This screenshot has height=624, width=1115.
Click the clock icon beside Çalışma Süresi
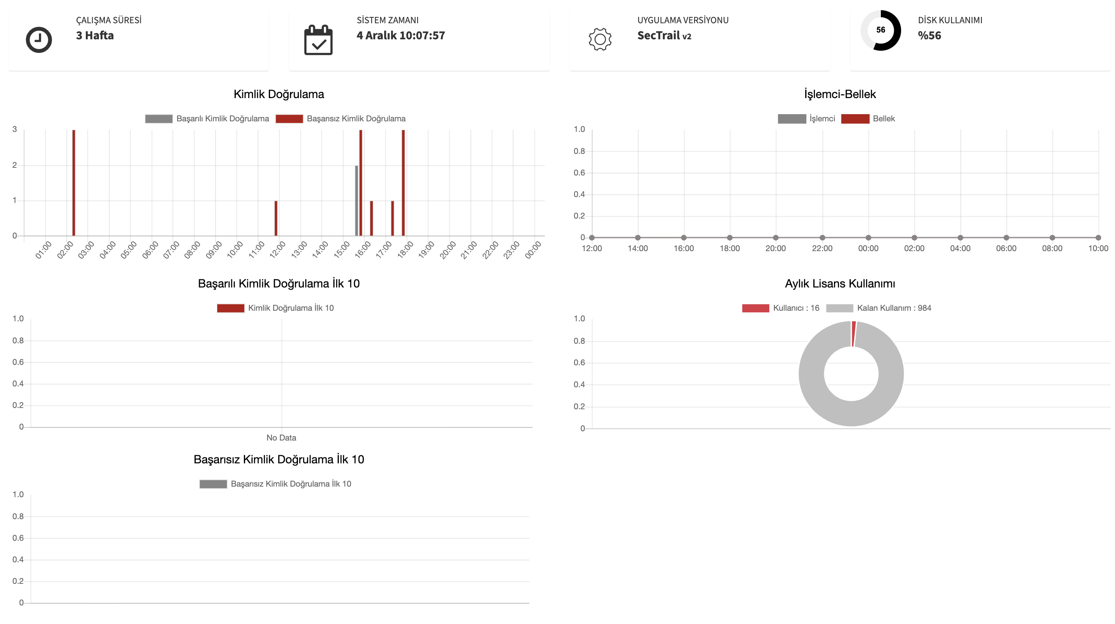pyautogui.click(x=39, y=40)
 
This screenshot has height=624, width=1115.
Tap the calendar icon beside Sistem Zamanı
pyautogui.click(x=318, y=40)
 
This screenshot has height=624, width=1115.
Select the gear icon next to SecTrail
pyautogui.click(x=600, y=39)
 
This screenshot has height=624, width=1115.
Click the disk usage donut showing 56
pyautogui.click(x=880, y=30)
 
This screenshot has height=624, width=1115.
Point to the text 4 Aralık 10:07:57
pyautogui.click(x=400, y=36)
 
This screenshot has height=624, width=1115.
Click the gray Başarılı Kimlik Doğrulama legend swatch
pyautogui.click(x=159, y=119)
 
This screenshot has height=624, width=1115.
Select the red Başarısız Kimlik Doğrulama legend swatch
pyautogui.click(x=289, y=119)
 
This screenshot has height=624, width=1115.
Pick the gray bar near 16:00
pyautogui.click(x=357, y=200)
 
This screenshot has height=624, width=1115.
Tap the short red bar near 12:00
pyautogui.click(x=276, y=218)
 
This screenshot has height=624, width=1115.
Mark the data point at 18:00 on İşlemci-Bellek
pyautogui.click(x=730, y=237)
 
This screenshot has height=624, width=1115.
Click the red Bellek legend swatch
pyautogui.click(x=855, y=119)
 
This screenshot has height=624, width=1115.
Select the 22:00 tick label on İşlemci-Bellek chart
pyautogui.click(x=822, y=249)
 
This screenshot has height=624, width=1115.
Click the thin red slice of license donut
pyautogui.click(x=853, y=334)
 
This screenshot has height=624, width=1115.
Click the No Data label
pyautogui.click(x=281, y=438)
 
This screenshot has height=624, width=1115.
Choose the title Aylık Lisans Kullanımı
pyautogui.click(x=840, y=284)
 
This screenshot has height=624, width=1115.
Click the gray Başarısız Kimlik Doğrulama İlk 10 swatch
pyautogui.click(x=213, y=484)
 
